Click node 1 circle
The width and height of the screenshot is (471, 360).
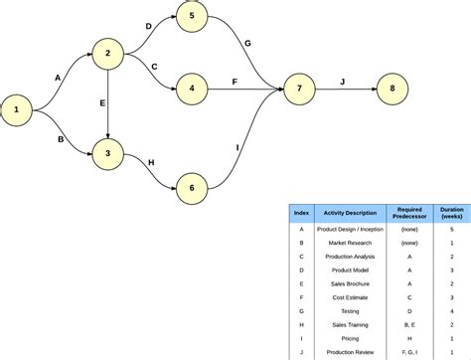click(x=17, y=110)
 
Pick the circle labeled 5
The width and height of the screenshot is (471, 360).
click(x=192, y=17)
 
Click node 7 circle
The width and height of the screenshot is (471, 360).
click(x=299, y=90)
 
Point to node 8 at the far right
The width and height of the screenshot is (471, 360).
click(x=392, y=90)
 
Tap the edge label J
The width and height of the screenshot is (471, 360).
click(x=343, y=82)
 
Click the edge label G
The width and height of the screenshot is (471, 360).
click(x=247, y=43)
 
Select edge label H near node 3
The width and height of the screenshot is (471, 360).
click(x=151, y=161)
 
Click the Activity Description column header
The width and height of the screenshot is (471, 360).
click(x=347, y=214)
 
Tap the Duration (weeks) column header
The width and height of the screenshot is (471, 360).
click(x=451, y=214)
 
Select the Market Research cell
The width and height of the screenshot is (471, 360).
click(x=347, y=243)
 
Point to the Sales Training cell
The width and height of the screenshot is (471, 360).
click(x=347, y=325)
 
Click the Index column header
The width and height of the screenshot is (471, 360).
click(x=301, y=214)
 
